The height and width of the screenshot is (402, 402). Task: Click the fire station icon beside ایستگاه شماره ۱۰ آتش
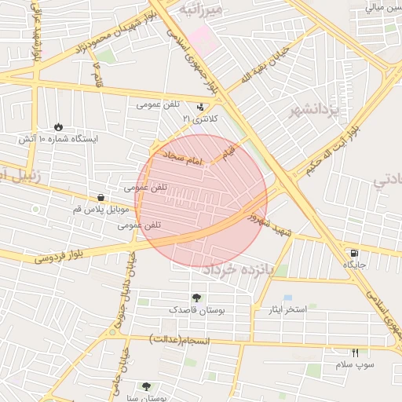[59, 126]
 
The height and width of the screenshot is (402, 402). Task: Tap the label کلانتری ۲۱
[198, 118]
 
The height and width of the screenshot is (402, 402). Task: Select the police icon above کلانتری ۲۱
[201, 106]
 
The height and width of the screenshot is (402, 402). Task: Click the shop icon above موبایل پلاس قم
[101, 197]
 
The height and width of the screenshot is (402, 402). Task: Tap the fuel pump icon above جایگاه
[355, 253]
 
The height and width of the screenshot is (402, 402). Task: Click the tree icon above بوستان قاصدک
[196, 298]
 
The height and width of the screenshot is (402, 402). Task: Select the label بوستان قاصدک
[197, 310]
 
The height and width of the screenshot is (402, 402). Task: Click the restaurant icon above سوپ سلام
[355, 353]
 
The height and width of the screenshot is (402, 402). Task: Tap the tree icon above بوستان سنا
[146, 386]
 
